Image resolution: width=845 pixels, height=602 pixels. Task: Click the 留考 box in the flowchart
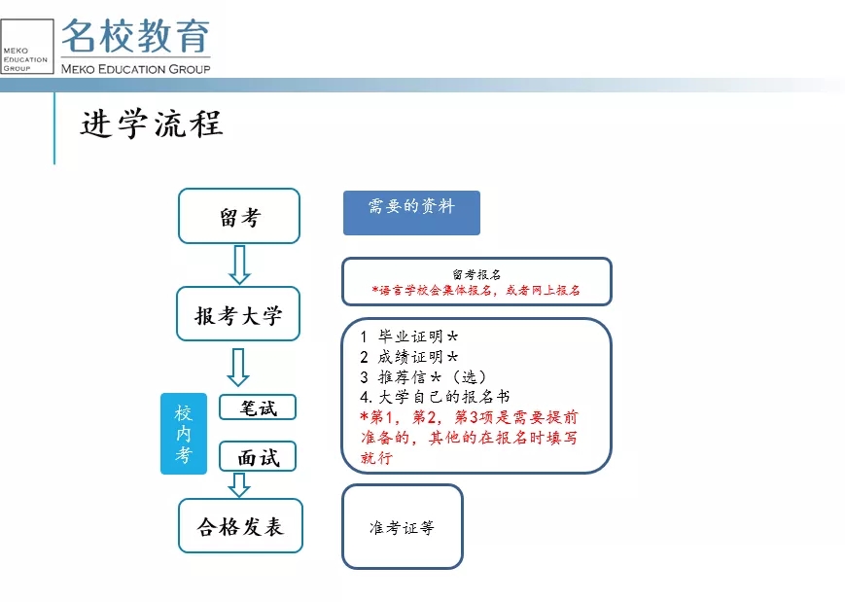click(x=239, y=216)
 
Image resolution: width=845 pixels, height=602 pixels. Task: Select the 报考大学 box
click(x=238, y=314)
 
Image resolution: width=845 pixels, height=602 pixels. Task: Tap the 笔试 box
click(x=258, y=407)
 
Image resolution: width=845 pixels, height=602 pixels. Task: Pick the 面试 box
click(x=258, y=456)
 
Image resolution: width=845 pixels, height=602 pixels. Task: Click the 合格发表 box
click(x=240, y=525)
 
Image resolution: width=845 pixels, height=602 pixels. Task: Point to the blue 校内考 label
click(x=183, y=434)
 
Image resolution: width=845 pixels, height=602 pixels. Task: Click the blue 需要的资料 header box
click(x=411, y=212)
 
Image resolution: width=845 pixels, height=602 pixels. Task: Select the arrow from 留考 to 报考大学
click(x=239, y=265)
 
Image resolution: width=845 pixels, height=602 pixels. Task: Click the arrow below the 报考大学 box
click(x=237, y=367)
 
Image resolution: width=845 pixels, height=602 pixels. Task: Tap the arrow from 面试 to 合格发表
click(x=239, y=485)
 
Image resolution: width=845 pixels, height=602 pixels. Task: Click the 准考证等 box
click(x=402, y=526)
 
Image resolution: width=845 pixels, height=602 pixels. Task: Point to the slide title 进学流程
click(x=152, y=124)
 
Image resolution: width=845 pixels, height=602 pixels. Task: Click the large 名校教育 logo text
click(x=135, y=36)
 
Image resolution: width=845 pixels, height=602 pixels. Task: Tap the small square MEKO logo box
click(x=27, y=47)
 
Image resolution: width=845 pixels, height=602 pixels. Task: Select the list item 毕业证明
click(x=409, y=336)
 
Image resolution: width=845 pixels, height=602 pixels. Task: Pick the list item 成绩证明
click(x=409, y=356)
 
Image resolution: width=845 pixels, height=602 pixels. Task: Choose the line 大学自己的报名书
click(x=435, y=397)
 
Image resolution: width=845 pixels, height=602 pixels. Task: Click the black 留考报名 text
click(x=476, y=274)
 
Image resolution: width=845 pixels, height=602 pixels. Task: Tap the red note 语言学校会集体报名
click(x=431, y=291)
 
